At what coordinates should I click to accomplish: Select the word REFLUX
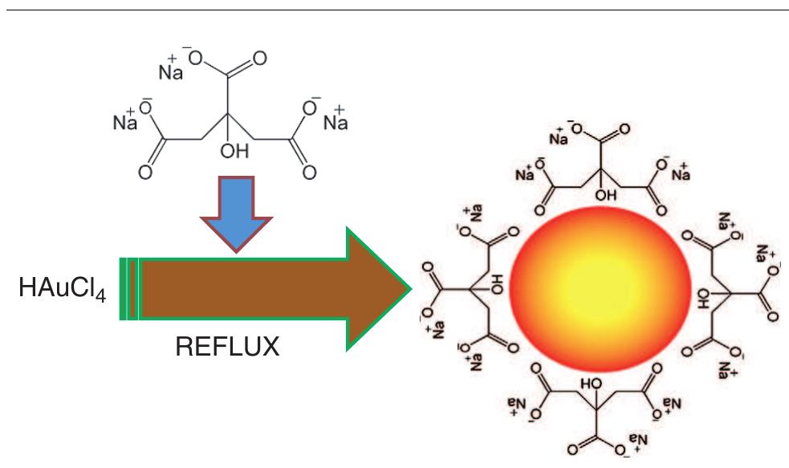228,348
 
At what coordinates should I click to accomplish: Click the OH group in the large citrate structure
234,148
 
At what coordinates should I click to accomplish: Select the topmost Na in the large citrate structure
170,71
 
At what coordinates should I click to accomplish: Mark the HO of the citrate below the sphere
590,384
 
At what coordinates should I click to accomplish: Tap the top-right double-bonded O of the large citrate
259,59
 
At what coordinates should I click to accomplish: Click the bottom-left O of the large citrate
144,172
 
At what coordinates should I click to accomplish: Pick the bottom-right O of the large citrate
309,172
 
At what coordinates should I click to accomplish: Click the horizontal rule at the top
394,10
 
